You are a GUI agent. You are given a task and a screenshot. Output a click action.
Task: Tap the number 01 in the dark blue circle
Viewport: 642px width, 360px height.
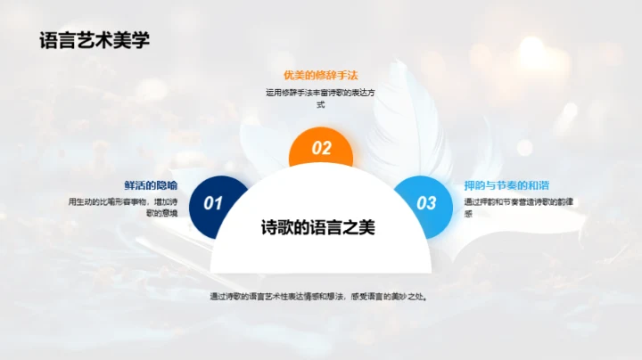(212, 203)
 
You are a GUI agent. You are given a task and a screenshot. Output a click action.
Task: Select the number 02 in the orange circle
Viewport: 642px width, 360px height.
(321, 149)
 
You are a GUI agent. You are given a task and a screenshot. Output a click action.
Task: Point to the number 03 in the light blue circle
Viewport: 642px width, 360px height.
(427, 203)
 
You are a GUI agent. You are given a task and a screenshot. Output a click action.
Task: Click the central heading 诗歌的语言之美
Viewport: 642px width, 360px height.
(318, 227)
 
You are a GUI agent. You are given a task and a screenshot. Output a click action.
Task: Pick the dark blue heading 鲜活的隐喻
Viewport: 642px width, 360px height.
(151, 185)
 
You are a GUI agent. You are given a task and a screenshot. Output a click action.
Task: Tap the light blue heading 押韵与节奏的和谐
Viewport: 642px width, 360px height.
(504, 185)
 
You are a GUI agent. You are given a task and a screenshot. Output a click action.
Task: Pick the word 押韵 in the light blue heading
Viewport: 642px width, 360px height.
(475, 185)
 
